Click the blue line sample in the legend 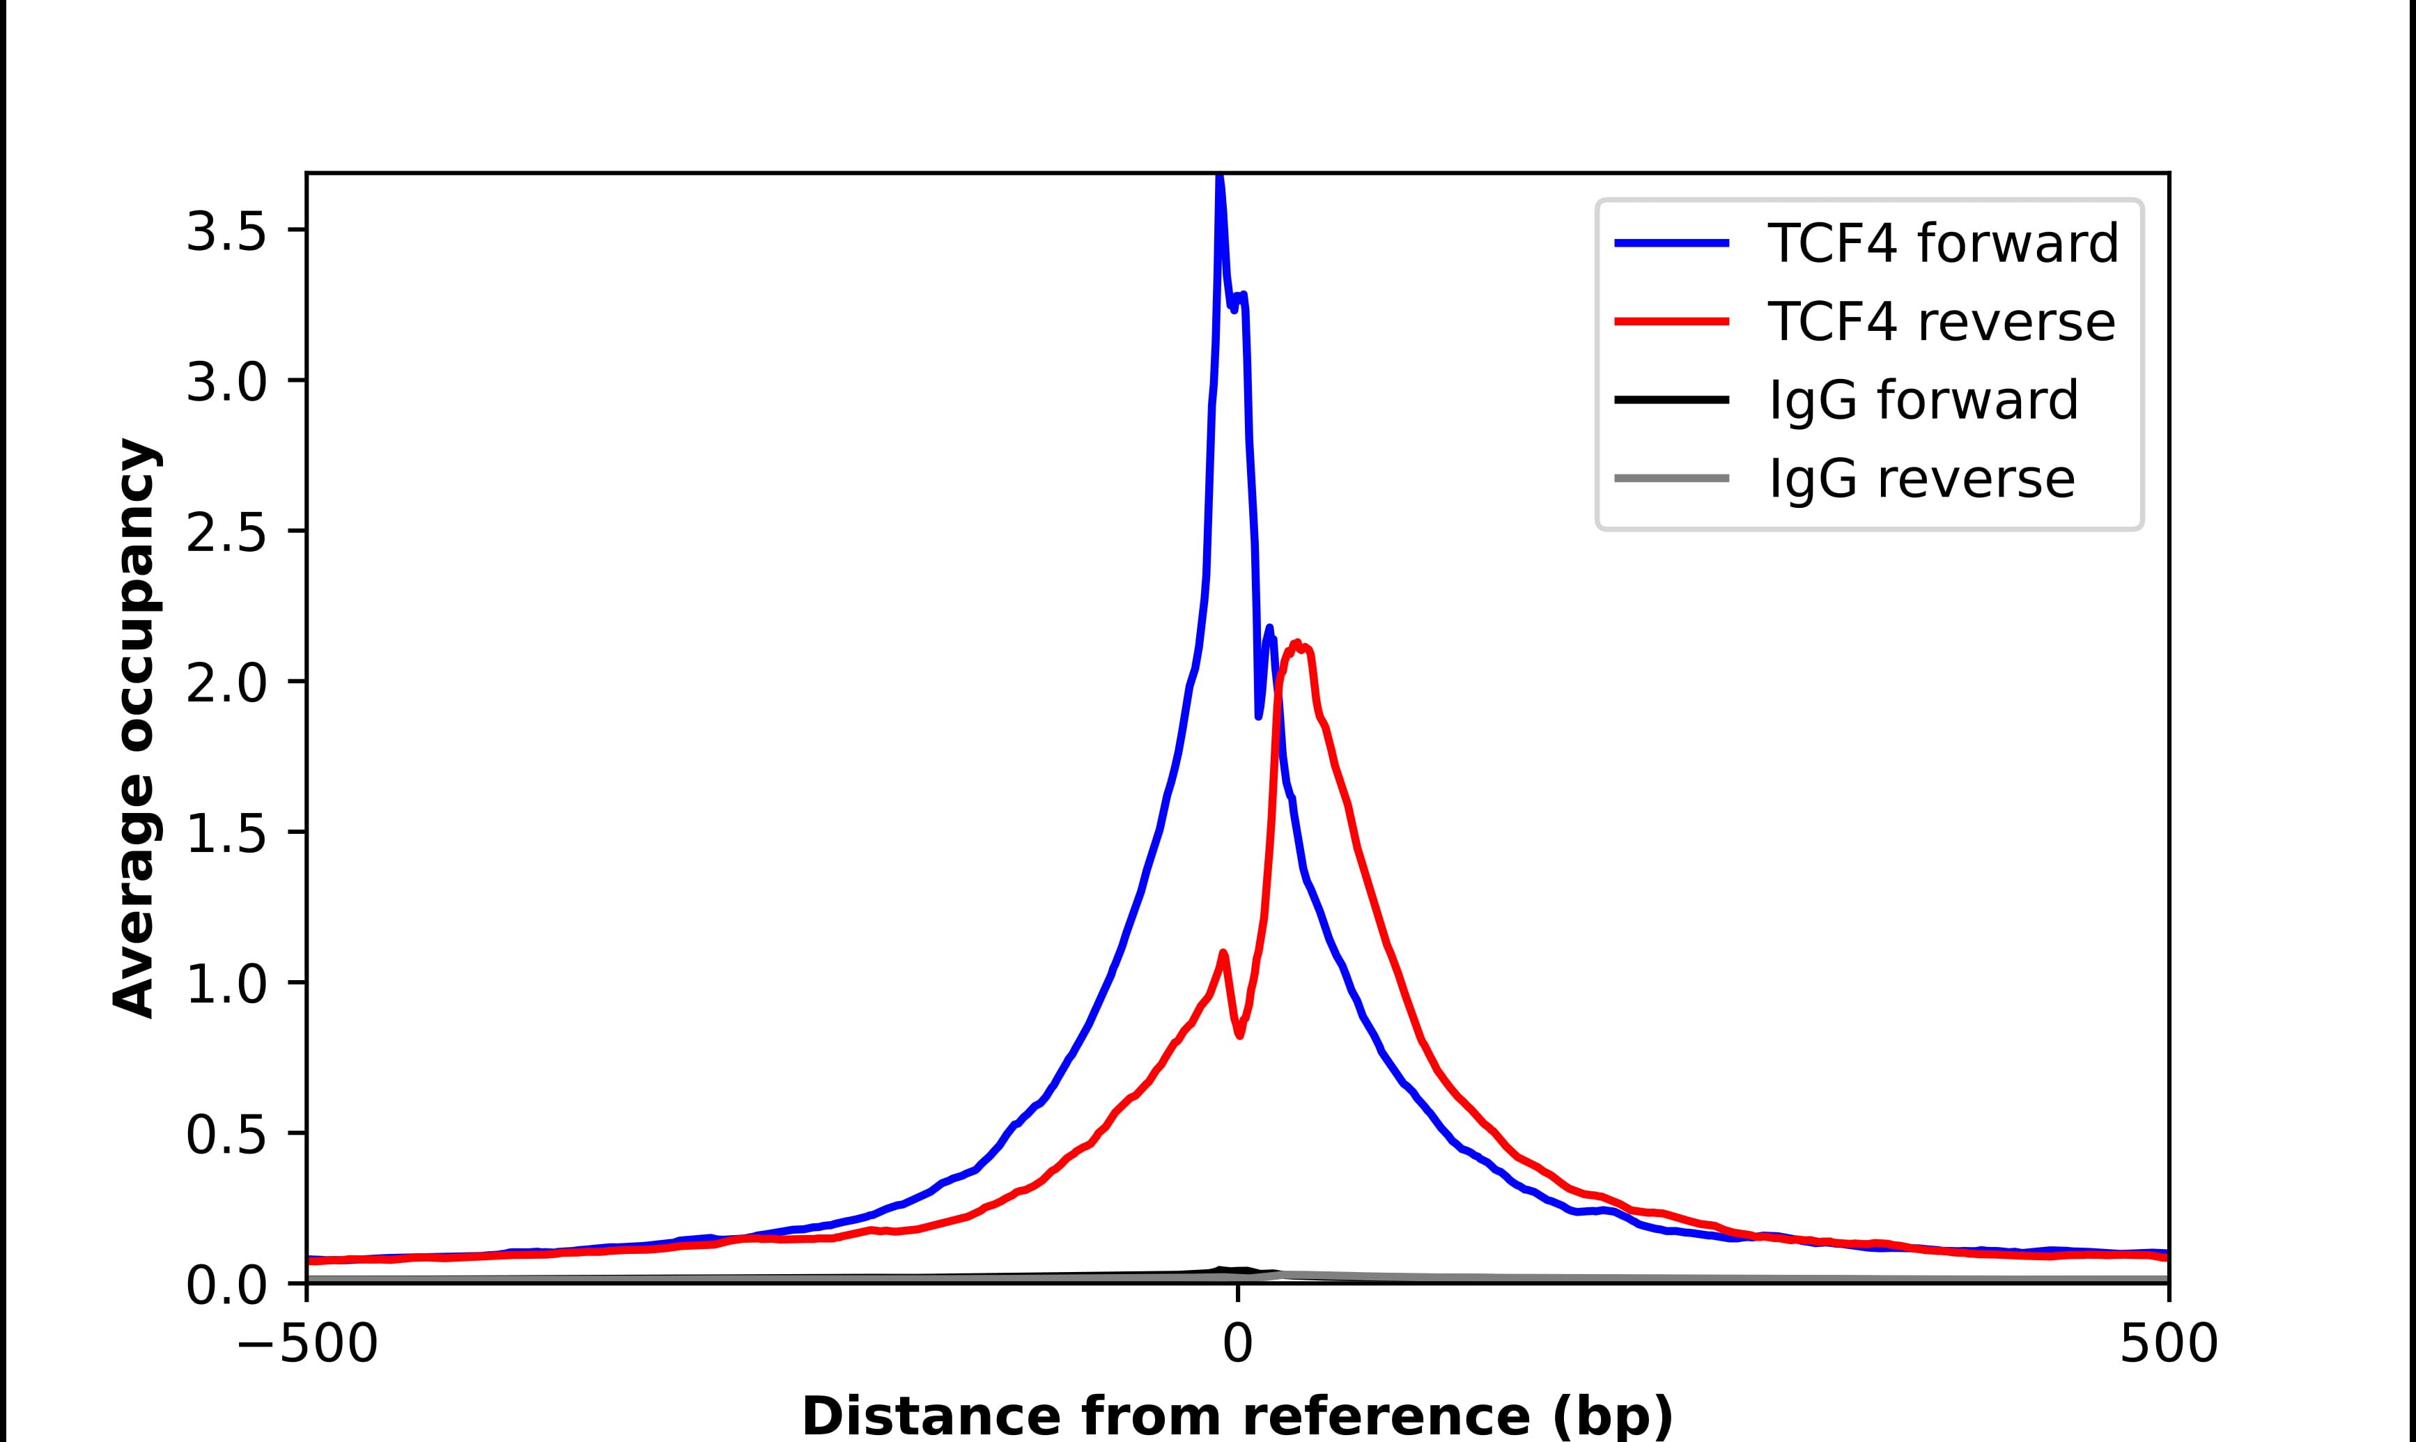point(1671,243)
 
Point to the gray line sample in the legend point(1671,478)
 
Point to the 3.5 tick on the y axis point(226,231)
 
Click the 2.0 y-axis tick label point(226,683)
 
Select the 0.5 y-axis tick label point(226,1134)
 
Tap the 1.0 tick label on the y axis point(226,984)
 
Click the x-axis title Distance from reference point(1237,1415)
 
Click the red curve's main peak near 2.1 point(1297,644)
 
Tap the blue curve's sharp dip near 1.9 point(1259,716)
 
